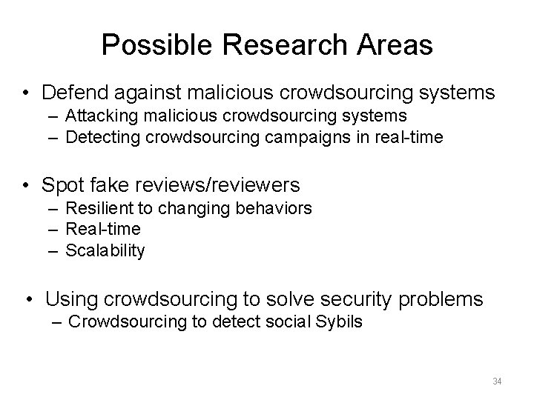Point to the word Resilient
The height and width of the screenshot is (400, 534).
(x=99, y=208)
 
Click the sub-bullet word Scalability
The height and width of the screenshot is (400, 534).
(x=105, y=250)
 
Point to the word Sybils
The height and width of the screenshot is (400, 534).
(x=340, y=324)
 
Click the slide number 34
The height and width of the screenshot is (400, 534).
(x=497, y=381)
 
